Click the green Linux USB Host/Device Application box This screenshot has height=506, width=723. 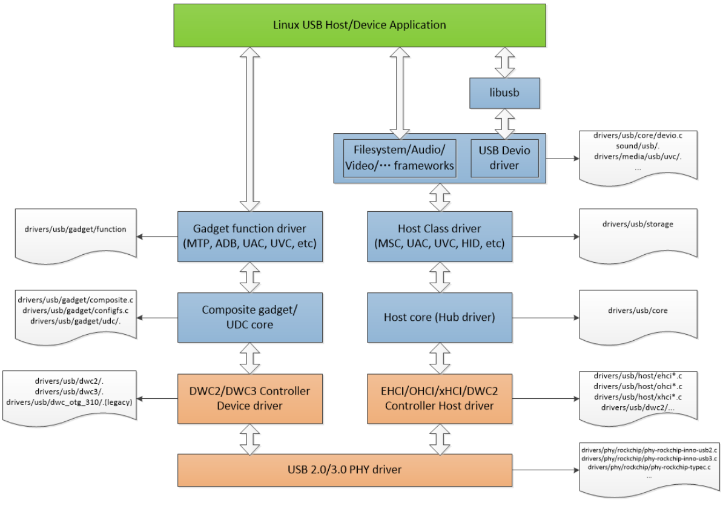[359, 25]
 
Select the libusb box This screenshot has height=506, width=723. [504, 93]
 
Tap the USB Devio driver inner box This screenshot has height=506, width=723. [504, 158]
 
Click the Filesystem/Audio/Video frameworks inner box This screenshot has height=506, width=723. [399, 158]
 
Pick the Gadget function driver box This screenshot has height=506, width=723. [249, 236]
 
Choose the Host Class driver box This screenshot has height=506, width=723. [440, 236]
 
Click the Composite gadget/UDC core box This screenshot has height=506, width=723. [249, 317]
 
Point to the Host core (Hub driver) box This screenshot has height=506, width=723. [440, 317]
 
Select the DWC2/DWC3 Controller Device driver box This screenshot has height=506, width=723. [249, 398]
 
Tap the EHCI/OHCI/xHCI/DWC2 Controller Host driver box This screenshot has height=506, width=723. [440, 398]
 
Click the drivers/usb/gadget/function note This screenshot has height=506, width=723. [76, 230]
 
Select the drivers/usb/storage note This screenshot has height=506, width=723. [638, 225]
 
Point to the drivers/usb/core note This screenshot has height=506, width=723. [638, 310]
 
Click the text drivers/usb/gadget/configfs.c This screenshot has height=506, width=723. [76, 310]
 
